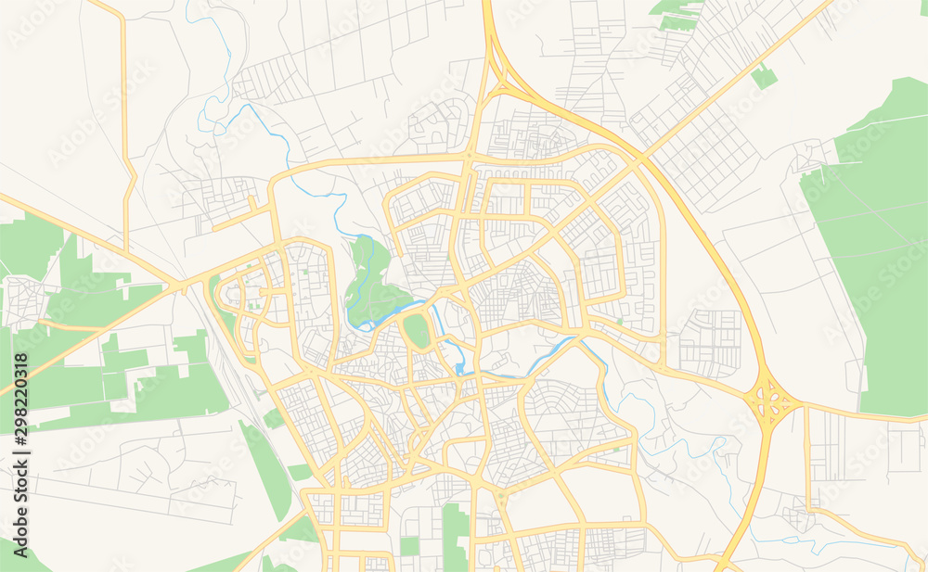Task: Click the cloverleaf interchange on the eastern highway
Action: click(770, 401)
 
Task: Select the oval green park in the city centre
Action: click(416, 330)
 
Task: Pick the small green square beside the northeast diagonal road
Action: click(764, 76)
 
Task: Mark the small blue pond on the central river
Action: click(459, 370)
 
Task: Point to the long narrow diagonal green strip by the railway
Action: click(266, 467)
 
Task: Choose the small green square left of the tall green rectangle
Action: click(409, 546)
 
